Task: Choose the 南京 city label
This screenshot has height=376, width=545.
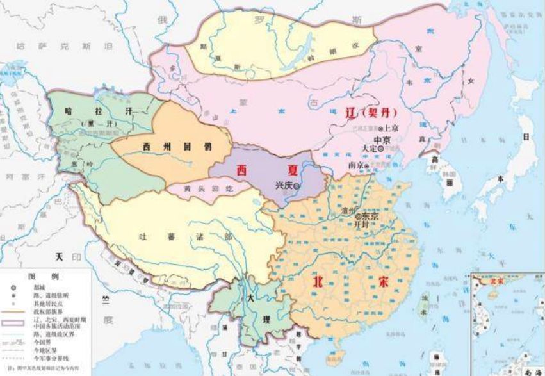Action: pos(356,165)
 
